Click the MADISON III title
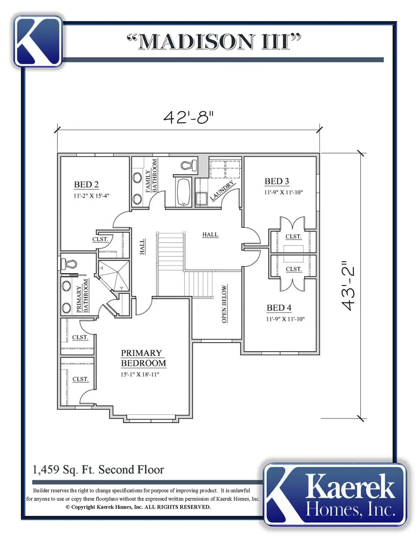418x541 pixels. click(214, 42)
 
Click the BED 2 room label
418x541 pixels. click(86, 185)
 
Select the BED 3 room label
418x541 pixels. click(277, 181)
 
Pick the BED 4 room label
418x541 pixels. click(279, 308)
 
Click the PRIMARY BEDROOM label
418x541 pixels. click(143, 358)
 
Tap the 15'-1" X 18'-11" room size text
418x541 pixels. click(140, 374)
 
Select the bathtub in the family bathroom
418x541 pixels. click(183, 192)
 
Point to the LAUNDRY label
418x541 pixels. click(222, 190)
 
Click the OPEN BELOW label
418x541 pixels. click(224, 304)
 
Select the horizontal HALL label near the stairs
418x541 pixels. click(210, 234)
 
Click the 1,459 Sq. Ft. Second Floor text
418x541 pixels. click(98, 470)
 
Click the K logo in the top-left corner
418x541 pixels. click(38, 41)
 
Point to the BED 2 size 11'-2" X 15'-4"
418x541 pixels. click(91, 196)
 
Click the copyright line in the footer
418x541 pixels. click(138, 507)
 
